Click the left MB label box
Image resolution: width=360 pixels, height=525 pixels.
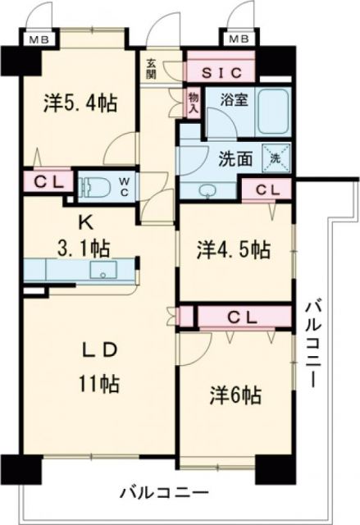(38, 39)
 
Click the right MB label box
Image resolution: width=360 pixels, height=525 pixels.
(238, 39)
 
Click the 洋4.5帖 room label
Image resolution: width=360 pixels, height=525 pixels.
(234, 248)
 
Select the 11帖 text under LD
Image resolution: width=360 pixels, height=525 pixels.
(101, 383)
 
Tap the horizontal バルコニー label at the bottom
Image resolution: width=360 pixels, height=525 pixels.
(164, 493)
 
